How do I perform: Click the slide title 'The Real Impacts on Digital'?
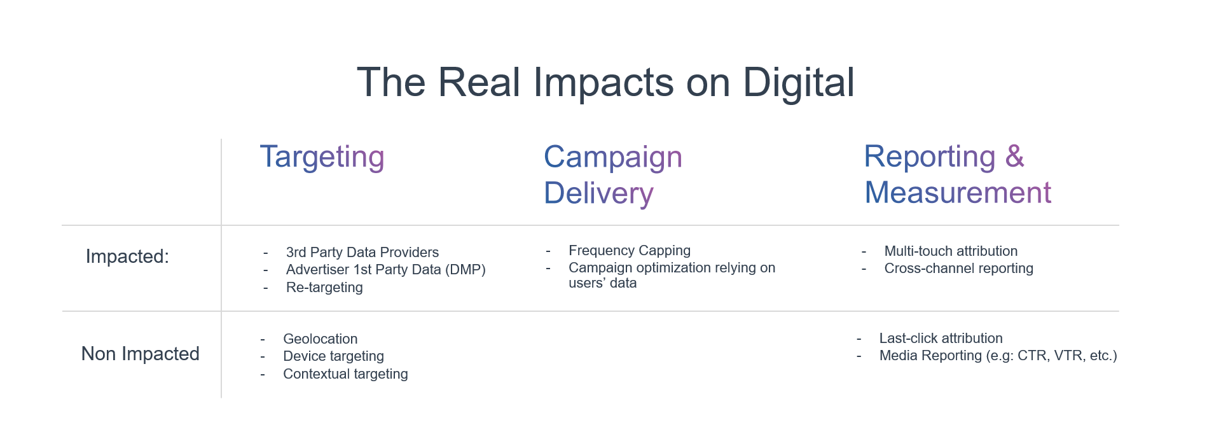click(605, 83)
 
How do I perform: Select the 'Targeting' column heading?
click(322, 157)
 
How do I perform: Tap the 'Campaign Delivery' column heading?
click(613, 175)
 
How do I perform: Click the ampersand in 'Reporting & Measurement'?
click(1014, 156)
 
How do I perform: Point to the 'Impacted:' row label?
click(127, 256)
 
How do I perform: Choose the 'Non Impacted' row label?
click(140, 354)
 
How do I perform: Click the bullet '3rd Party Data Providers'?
click(362, 253)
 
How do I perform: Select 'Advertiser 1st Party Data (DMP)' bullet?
click(386, 270)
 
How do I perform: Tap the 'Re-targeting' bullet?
click(324, 288)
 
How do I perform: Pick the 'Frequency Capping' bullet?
click(630, 251)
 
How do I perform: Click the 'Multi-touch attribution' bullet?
click(951, 251)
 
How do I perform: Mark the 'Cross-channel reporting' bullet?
click(958, 269)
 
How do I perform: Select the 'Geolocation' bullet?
click(321, 339)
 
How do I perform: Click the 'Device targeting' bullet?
click(333, 356)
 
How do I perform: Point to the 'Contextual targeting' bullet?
click(345, 374)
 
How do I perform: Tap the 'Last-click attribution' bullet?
click(941, 339)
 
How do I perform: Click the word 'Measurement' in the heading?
click(958, 192)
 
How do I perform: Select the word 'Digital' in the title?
click(799, 83)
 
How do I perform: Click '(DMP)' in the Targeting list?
click(466, 270)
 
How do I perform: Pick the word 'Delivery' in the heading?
click(598, 193)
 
